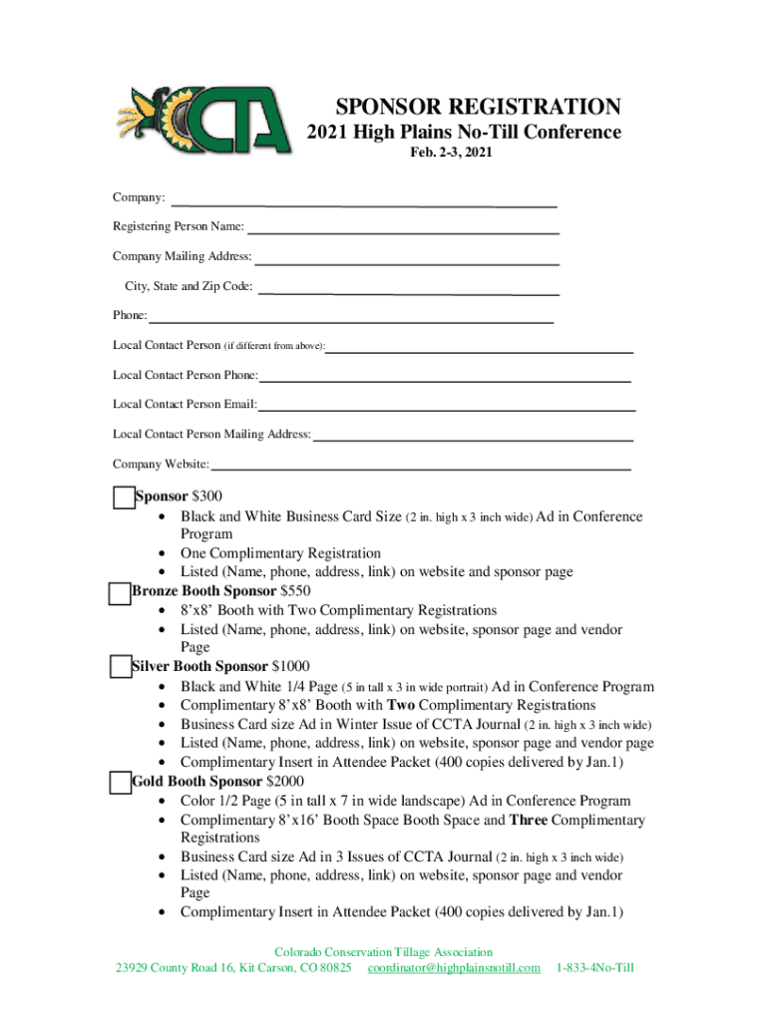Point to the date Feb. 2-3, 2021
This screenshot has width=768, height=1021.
pos(452,154)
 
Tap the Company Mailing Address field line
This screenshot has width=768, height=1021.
pos(407,262)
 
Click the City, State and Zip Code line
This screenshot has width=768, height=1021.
pos(408,293)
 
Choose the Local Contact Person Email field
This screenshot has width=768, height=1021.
pos(446,409)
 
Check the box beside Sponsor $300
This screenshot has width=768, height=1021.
pos(123,497)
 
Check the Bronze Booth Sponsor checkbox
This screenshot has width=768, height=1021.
pos(119,592)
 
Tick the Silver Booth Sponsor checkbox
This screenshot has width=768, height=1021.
pos(120,667)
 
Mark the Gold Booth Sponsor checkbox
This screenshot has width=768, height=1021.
pos(120,782)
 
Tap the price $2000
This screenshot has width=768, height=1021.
pos(285,782)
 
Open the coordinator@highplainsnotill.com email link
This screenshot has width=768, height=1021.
pos(454,968)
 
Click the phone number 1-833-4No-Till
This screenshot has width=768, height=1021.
pos(595,968)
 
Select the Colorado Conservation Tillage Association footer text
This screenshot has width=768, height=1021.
pos(383,952)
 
